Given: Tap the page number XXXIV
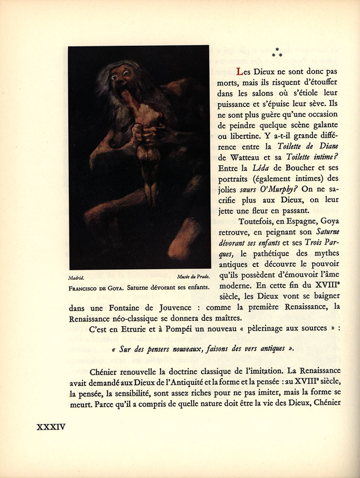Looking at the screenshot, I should coord(51,427).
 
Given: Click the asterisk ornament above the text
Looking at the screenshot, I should coord(277,53).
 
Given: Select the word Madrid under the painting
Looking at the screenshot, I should coord(76,278).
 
